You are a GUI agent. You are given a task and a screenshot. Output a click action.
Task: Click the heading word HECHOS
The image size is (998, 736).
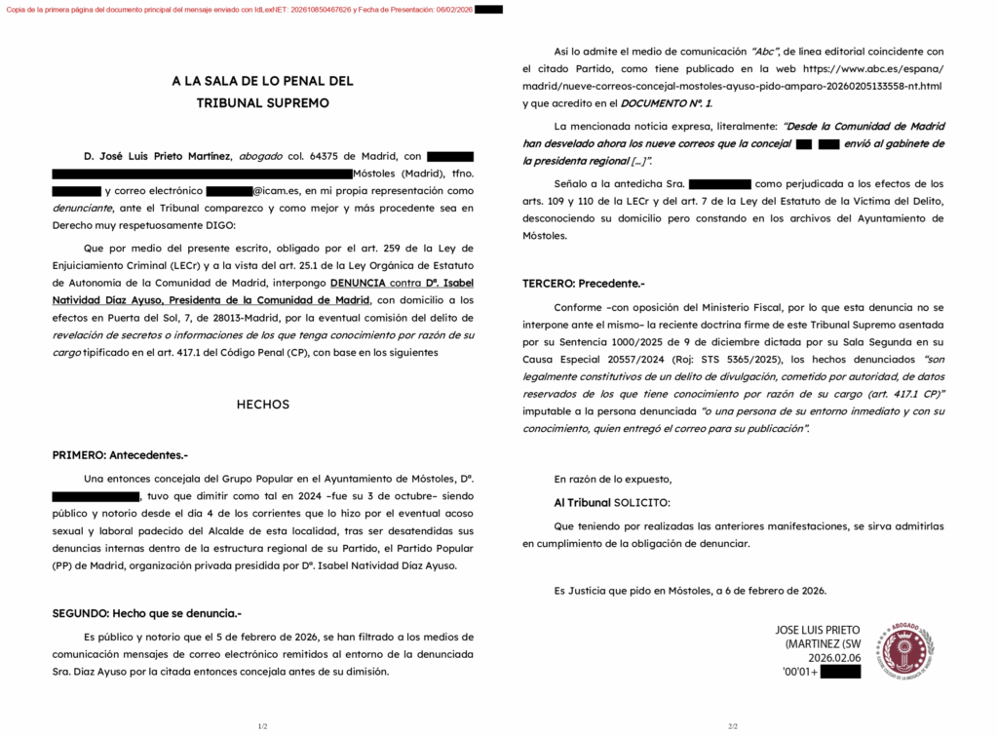pyautogui.click(x=262, y=405)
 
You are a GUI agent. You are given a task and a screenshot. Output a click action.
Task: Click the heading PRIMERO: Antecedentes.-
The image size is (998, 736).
pyautogui.click(x=120, y=455)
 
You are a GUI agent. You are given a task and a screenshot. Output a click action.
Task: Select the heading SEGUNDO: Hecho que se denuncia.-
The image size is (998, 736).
pyautogui.click(x=146, y=613)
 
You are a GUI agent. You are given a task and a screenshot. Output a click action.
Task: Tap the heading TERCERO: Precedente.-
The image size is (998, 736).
pyautogui.click(x=584, y=284)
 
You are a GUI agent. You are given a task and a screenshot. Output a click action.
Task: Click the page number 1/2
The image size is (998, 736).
pyautogui.click(x=262, y=726)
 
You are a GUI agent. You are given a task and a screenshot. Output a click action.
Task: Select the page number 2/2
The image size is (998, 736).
pyautogui.click(x=733, y=726)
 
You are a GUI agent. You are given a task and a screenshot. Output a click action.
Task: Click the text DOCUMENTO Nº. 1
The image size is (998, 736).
pyautogui.click(x=667, y=102)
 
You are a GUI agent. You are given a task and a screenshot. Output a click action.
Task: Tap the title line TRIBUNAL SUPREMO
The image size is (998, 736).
pyautogui.click(x=262, y=102)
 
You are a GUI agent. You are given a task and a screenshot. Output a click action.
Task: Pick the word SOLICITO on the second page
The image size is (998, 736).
pyautogui.click(x=640, y=502)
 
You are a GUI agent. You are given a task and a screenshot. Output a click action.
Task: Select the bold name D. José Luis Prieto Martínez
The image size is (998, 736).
pyautogui.click(x=158, y=156)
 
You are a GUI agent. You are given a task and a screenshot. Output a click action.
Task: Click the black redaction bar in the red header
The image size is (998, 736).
pyautogui.click(x=488, y=10)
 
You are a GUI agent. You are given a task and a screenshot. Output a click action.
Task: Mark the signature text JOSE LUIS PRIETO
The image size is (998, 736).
pyautogui.click(x=820, y=630)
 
